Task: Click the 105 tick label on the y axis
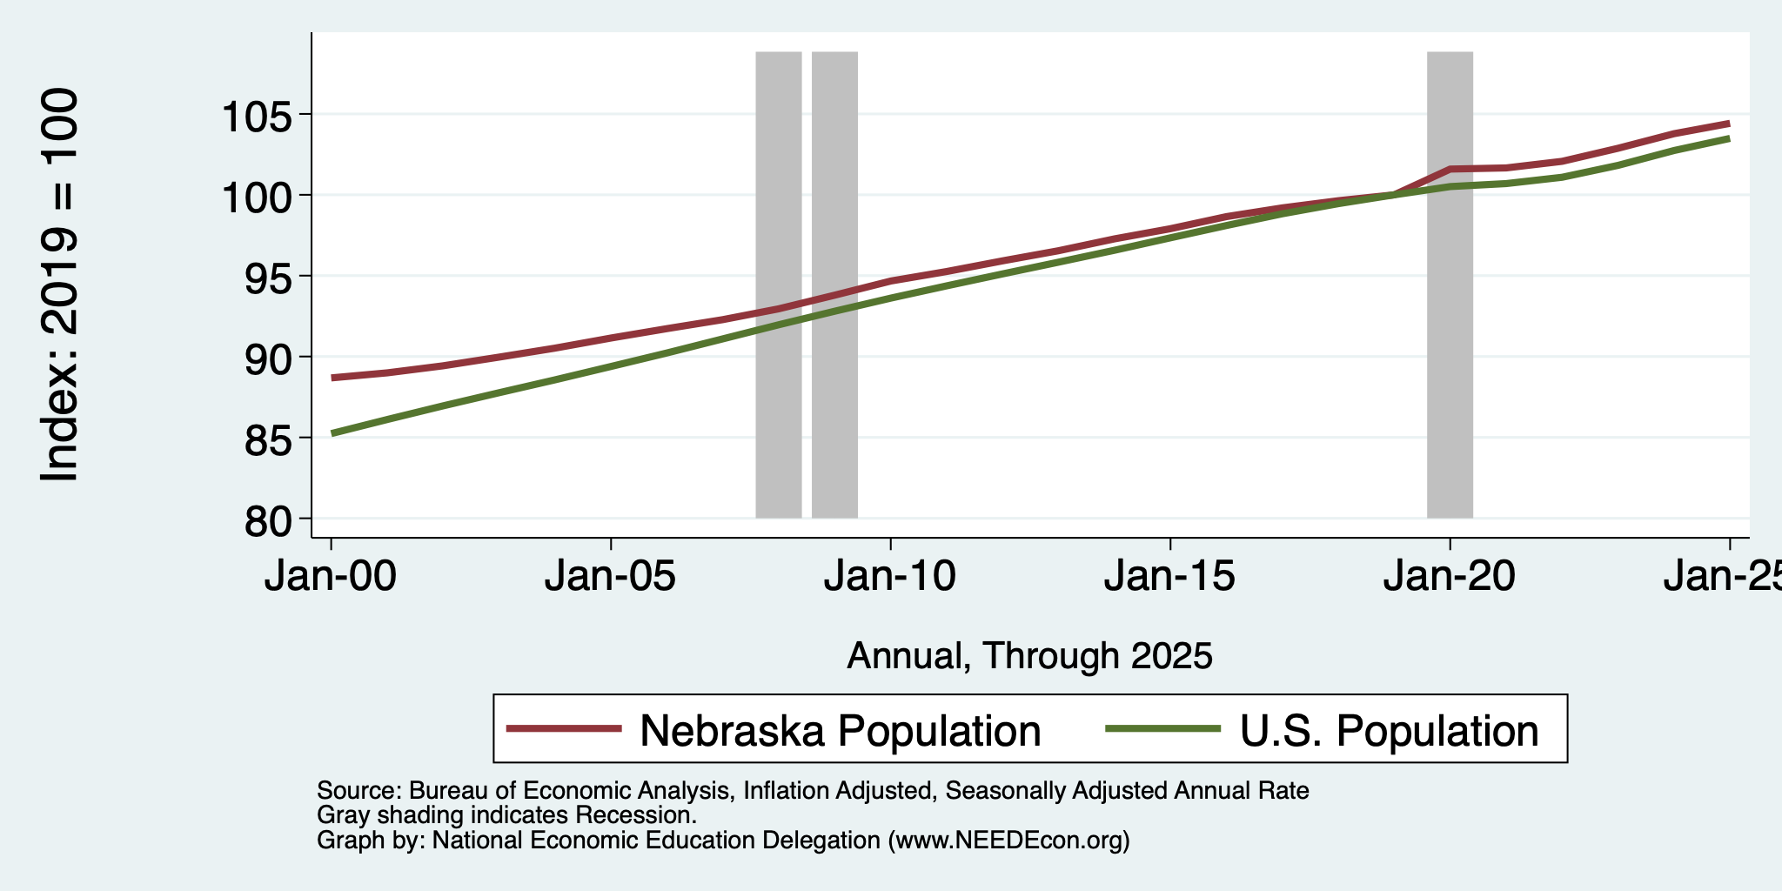point(258,115)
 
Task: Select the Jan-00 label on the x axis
point(331,577)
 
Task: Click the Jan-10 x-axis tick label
point(890,577)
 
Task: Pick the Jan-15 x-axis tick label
point(1169,577)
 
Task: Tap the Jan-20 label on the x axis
point(1450,577)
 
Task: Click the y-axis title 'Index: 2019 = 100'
point(60,285)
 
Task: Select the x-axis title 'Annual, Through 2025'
point(1029,655)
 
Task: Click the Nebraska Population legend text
point(841,730)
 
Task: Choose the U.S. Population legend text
point(1390,730)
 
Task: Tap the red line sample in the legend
point(565,728)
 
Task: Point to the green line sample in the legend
point(1163,728)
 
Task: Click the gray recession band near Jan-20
point(1450,285)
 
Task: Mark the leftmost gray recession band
point(778,285)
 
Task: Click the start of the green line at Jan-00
point(332,433)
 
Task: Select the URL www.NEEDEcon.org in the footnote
point(1005,841)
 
